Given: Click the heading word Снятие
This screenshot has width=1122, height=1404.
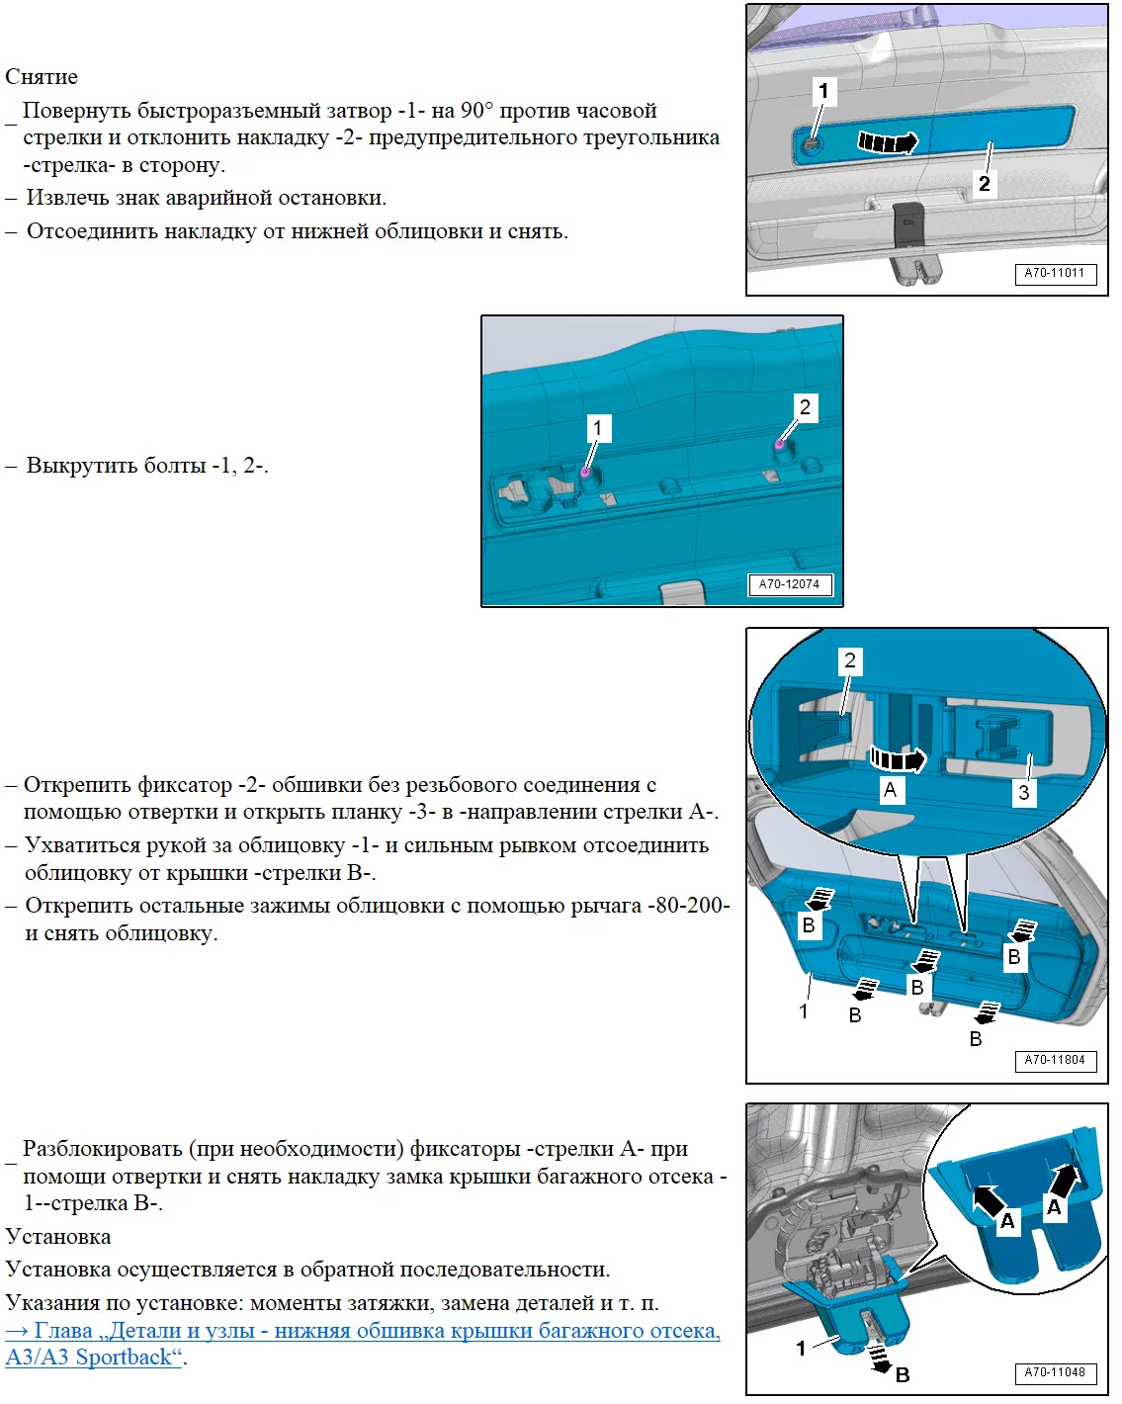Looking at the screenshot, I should click(42, 77).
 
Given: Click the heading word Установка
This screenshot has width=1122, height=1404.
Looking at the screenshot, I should click(58, 1237).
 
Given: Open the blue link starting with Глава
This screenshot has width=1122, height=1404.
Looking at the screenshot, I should click(362, 1331).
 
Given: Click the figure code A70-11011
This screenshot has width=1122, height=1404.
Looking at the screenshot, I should click(1054, 273).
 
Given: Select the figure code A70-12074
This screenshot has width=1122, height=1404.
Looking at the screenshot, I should click(789, 584).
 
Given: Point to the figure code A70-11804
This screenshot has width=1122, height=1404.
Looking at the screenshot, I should click(1054, 1060).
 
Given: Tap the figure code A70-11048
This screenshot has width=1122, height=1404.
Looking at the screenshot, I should click(1054, 1372).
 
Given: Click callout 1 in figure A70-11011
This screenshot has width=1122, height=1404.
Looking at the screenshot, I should click(822, 92).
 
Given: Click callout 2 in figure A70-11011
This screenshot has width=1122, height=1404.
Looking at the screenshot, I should click(984, 183).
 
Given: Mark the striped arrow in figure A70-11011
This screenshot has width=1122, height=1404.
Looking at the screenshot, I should click(888, 142).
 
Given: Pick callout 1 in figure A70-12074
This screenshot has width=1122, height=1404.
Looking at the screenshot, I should click(596, 428).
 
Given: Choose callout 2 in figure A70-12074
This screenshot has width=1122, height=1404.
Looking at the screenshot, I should click(805, 407).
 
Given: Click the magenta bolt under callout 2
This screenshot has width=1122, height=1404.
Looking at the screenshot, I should click(779, 444).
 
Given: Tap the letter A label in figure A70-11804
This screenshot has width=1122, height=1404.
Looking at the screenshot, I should click(890, 790).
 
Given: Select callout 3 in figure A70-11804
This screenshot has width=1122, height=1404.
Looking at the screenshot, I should click(1023, 792).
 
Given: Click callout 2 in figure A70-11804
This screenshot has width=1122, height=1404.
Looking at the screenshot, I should click(849, 660).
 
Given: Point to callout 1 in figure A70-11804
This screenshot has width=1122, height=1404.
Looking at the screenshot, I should click(804, 1010).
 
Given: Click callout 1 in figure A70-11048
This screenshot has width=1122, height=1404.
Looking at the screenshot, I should click(801, 1348).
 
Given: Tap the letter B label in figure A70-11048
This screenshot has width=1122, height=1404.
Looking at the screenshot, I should click(903, 1374).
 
